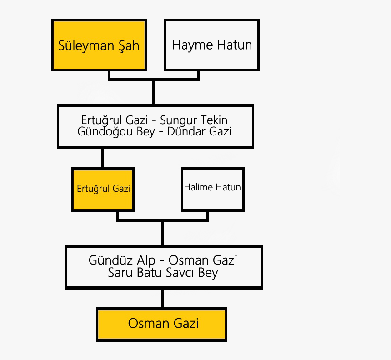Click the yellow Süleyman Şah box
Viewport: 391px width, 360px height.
pos(99,45)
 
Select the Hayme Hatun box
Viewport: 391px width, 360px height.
pos(212,45)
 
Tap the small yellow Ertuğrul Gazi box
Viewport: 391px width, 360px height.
pos(103,189)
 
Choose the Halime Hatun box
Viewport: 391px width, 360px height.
pos(212,188)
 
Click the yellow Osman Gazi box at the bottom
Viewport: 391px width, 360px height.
pos(162,324)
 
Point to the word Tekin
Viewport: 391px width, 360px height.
pos(214,120)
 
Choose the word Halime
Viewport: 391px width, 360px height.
pos(199,188)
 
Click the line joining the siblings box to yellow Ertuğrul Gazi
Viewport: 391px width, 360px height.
pos(102,158)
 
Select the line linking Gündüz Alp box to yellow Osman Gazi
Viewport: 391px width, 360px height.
pos(162,298)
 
